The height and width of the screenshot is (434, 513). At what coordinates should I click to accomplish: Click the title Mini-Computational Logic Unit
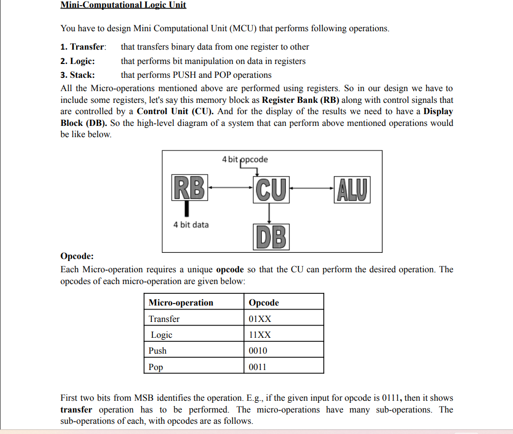[x=123, y=5]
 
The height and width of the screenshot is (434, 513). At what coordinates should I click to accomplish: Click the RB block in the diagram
[x=189, y=187]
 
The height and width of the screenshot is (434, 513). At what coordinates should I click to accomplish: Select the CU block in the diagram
[x=271, y=187]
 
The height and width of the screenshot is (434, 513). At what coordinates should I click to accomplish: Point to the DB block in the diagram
[x=271, y=237]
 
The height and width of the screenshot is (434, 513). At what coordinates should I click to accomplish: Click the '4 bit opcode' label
[x=244, y=159]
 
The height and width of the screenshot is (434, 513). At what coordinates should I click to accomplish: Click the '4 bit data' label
[x=191, y=225]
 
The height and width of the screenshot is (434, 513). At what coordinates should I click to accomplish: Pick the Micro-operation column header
[x=181, y=302]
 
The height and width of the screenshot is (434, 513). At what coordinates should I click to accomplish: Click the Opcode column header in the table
[x=264, y=302]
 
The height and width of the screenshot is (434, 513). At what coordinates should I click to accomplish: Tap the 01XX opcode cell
[x=260, y=319]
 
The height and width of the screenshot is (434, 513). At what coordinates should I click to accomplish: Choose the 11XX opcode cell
[x=260, y=335]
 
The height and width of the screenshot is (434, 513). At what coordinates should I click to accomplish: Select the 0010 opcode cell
[x=258, y=351]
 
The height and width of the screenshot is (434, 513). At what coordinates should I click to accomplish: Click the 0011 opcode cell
[x=258, y=367]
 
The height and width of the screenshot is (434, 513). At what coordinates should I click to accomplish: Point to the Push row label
[x=158, y=351]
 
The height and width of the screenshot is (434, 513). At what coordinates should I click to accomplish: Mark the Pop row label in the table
[x=156, y=367]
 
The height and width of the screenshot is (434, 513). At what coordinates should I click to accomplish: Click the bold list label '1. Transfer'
[x=83, y=47]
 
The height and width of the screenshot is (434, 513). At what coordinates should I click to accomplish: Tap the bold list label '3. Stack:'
[x=77, y=75]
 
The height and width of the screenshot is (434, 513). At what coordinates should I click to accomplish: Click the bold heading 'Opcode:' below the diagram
[x=77, y=256]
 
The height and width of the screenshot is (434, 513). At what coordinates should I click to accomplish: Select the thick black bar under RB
[x=187, y=208]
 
